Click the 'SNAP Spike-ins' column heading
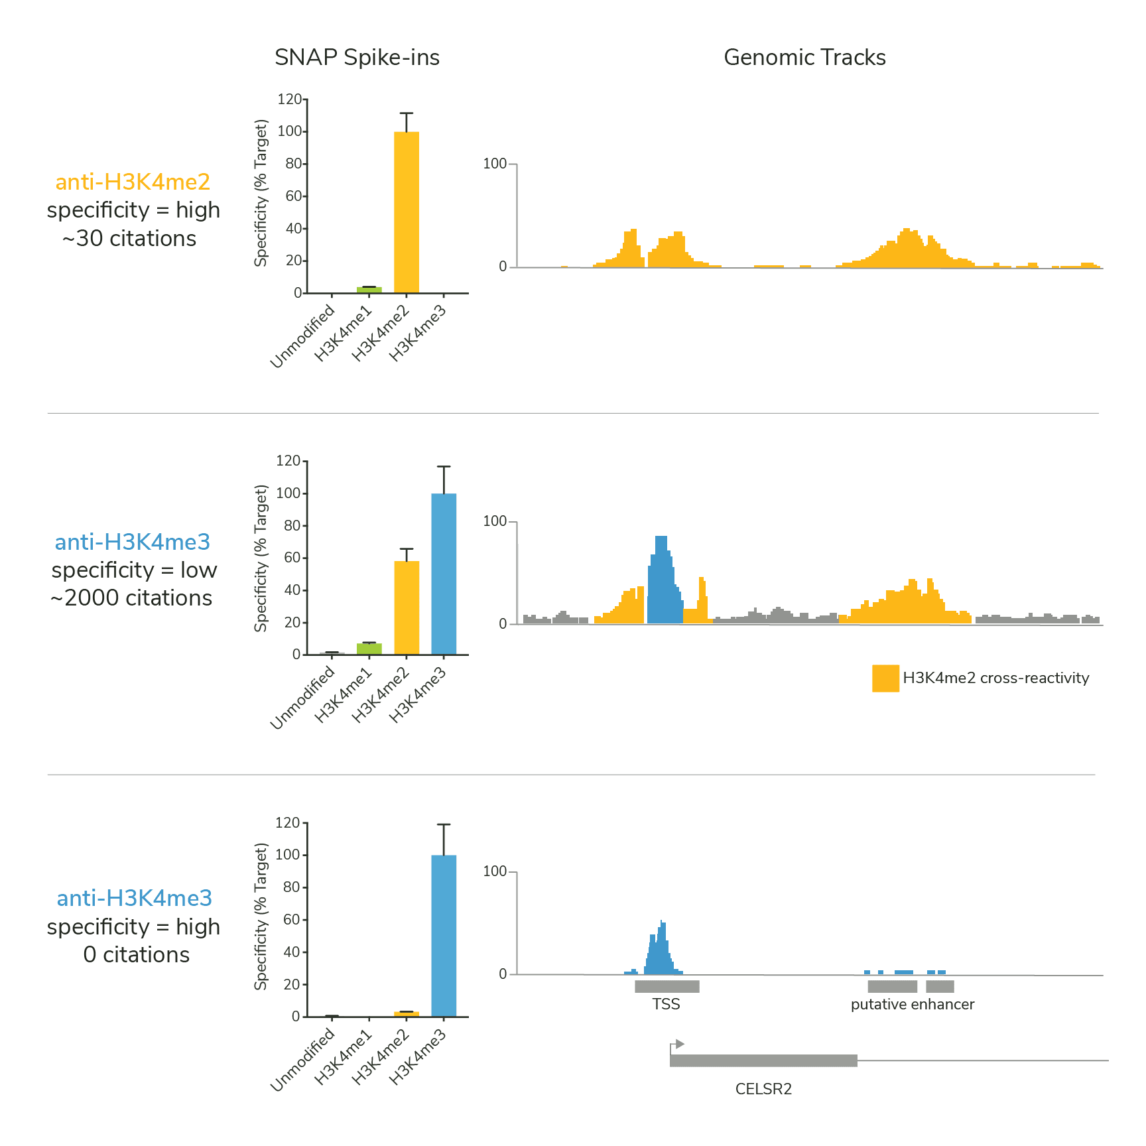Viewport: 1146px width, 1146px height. [x=357, y=58]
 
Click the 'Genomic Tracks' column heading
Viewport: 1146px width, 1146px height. [x=804, y=58]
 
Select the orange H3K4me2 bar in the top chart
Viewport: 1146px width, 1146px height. [x=406, y=212]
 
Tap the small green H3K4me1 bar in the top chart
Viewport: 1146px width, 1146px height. [x=369, y=290]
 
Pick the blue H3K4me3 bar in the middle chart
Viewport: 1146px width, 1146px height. [x=444, y=574]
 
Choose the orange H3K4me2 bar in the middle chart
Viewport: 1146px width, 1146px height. [x=406, y=607]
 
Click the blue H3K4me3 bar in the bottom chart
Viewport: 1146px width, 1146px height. [x=444, y=935]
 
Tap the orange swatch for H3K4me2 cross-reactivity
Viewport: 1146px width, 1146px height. [x=885, y=678]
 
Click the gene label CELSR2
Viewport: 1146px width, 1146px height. [x=763, y=1089]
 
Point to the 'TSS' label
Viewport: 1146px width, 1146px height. [x=666, y=1004]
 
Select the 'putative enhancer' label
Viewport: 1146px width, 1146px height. [x=913, y=1004]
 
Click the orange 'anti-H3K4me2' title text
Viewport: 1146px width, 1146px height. [x=133, y=182]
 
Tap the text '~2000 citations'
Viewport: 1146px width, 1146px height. [x=131, y=598]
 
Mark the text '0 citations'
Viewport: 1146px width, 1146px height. [x=136, y=955]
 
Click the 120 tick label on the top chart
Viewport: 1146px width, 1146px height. [x=289, y=99]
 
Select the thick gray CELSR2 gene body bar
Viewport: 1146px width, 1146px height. [x=763, y=1060]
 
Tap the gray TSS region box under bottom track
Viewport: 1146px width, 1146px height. [x=667, y=986]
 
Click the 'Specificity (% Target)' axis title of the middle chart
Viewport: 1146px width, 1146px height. [x=261, y=558]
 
